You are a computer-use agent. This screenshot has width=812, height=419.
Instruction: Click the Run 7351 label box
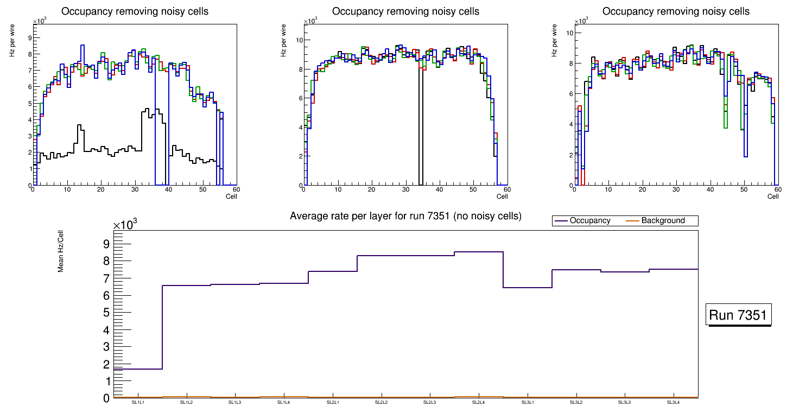[738, 315]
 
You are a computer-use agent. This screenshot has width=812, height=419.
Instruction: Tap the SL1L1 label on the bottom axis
[138, 403]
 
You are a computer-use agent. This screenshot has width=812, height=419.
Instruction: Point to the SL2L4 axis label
[478, 403]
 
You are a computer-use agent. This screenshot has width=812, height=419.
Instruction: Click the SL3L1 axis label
[527, 403]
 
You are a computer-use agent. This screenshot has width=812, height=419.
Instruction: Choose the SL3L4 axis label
[673, 403]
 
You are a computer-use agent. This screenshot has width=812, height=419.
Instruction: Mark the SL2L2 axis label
[381, 403]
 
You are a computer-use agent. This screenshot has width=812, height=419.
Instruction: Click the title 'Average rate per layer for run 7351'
[405, 216]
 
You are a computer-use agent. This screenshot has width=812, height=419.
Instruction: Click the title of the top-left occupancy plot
[135, 11]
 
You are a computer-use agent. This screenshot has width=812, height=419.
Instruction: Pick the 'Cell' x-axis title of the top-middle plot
[502, 196]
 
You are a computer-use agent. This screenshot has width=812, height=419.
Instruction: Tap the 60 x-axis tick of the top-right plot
[777, 190]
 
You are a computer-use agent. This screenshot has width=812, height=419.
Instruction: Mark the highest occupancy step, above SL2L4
[478, 252]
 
